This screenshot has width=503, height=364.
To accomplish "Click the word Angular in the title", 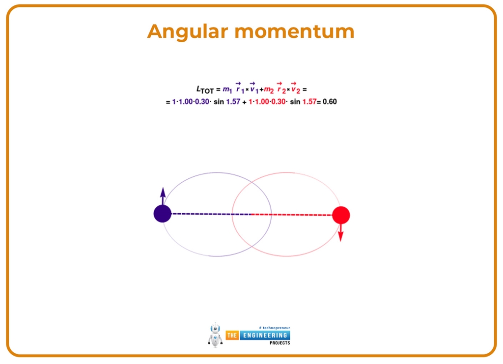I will (187, 32).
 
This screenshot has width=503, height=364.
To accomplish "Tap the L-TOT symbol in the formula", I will (205, 90).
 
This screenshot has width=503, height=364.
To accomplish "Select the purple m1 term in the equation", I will (227, 90).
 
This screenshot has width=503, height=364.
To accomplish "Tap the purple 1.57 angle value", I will (233, 102).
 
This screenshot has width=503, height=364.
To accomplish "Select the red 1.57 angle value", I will (308, 102).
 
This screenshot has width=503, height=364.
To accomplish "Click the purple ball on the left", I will (162, 214).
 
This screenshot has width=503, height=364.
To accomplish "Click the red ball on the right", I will (340, 215).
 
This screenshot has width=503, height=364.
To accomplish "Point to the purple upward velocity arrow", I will (163, 196).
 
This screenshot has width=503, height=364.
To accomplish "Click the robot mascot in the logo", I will (215, 335).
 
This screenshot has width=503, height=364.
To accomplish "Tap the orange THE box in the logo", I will (232, 335).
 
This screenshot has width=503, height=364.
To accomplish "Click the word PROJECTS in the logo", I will (279, 343).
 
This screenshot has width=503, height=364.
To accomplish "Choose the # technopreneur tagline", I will (274, 327).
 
